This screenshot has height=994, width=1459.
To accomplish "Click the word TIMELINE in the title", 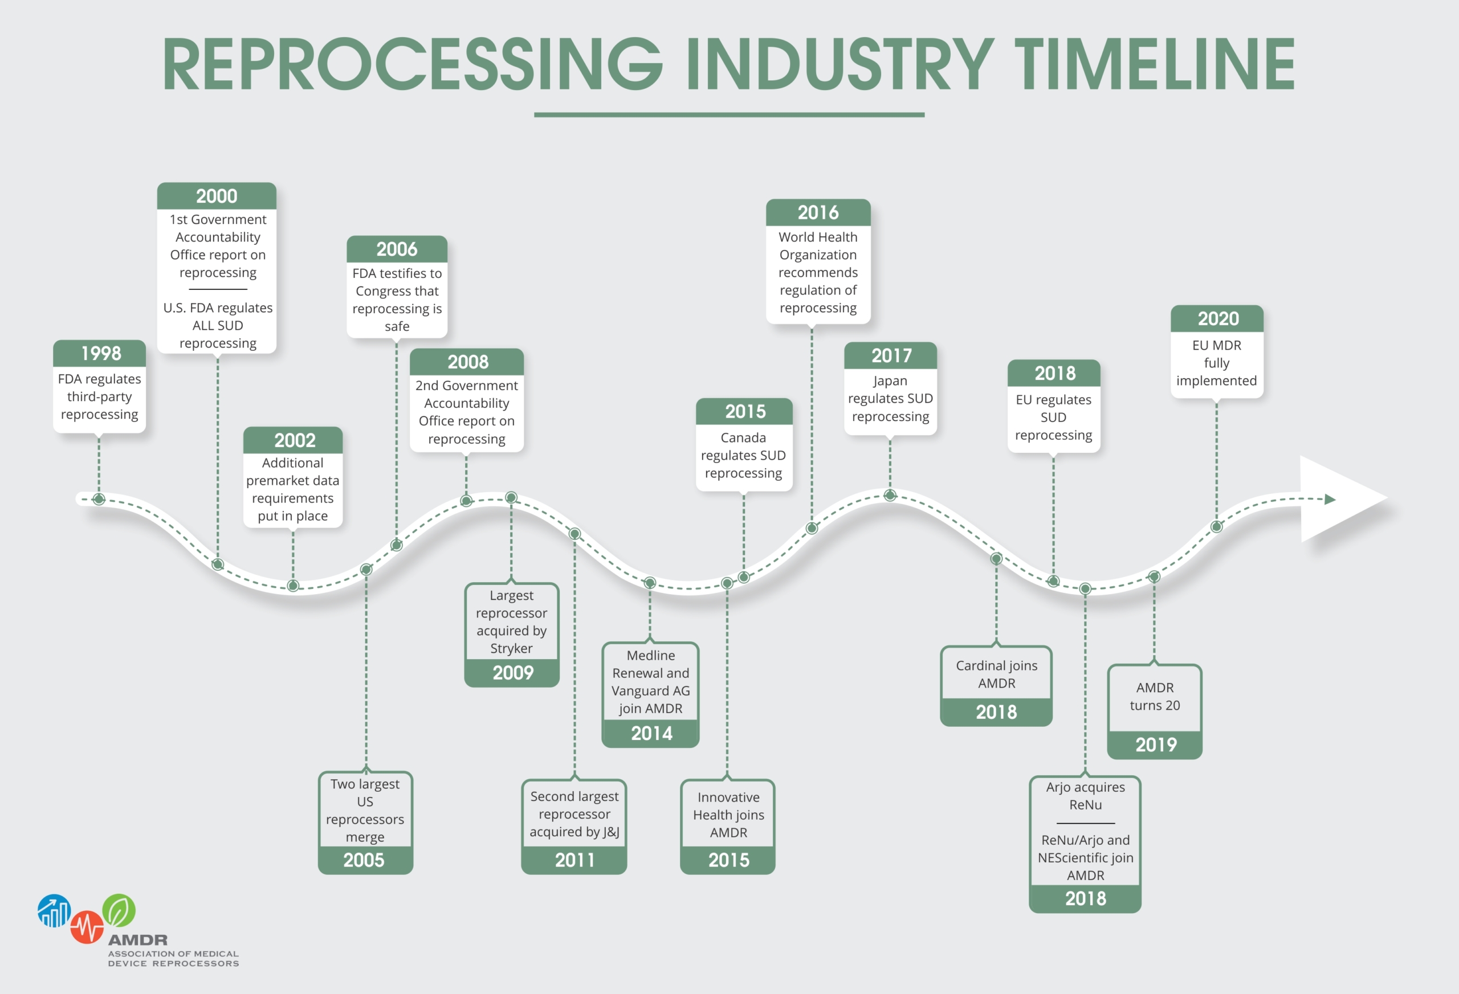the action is pyautogui.click(x=1155, y=64).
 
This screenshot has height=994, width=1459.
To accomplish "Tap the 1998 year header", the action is pyautogui.click(x=100, y=353).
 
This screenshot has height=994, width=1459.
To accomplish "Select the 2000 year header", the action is pyautogui.click(x=217, y=196).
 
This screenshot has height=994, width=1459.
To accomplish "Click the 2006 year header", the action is pyautogui.click(x=397, y=249).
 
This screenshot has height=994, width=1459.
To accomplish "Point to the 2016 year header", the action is pyautogui.click(x=818, y=212).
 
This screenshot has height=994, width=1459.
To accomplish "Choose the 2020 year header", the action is pyautogui.click(x=1217, y=319).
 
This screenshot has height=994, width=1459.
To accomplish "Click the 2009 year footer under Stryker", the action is pyautogui.click(x=512, y=673).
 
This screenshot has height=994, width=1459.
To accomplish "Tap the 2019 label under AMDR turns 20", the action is pyautogui.click(x=1155, y=745).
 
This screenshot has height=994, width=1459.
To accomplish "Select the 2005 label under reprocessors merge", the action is pyautogui.click(x=365, y=860).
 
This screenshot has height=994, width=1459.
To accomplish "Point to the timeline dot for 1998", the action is pyautogui.click(x=99, y=499).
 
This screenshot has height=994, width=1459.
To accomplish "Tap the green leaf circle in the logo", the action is pyautogui.click(x=119, y=910).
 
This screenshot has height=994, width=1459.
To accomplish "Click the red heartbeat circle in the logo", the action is pyautogui.click(x=87, y=927).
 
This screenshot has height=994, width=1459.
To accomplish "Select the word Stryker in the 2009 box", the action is pyautogui.click(x=511, y=649).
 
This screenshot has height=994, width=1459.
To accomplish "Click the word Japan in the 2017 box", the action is pyautogui.click(x=890, y=382).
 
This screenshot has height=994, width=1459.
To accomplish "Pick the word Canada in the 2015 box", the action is pyautogui.click(x=743, y=437).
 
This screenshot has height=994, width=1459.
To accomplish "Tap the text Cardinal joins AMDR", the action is pyautogui.click(x=996, y=674).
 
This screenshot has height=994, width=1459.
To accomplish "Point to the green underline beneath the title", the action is pyautogui.click(x=729, y=115).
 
